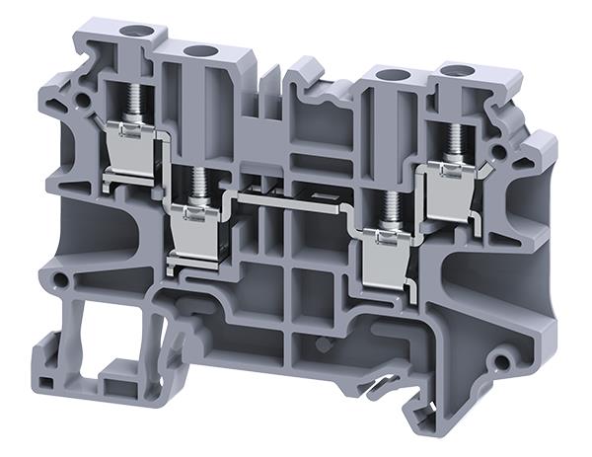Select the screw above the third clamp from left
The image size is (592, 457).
point(390,206)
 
